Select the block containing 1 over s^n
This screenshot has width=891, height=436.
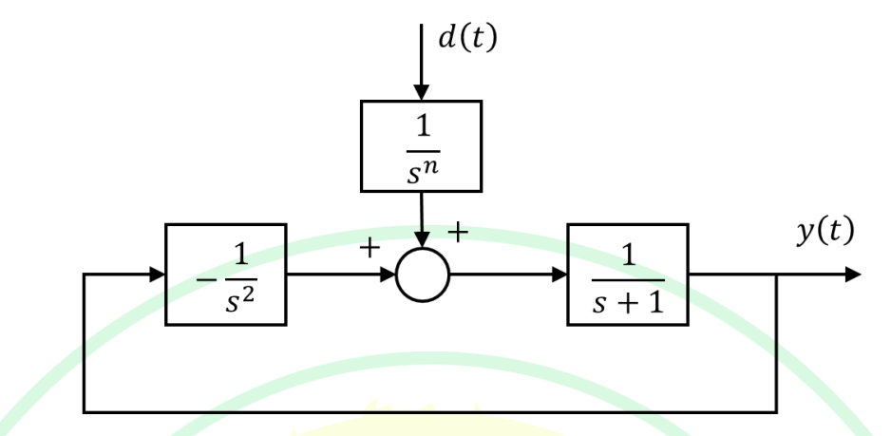click(x=421, y=143)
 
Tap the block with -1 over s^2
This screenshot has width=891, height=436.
click(x=225, y=275)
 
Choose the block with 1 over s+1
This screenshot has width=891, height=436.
click(x=626, y=275)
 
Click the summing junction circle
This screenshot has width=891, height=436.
click(x=423, y=275)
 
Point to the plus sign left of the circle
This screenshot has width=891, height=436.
click(x=370, y=248)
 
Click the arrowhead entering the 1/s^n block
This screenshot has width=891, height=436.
click(x=421, y=91)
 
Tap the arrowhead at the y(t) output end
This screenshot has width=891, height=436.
click(x=852, y=275)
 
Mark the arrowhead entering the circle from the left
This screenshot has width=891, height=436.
click(x=389, y=275)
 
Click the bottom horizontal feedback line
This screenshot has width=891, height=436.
click(x=427, y=412)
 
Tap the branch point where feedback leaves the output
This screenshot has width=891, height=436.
click(x=778, y=275)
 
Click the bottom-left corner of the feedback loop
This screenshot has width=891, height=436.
click(x=85, y=412)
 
